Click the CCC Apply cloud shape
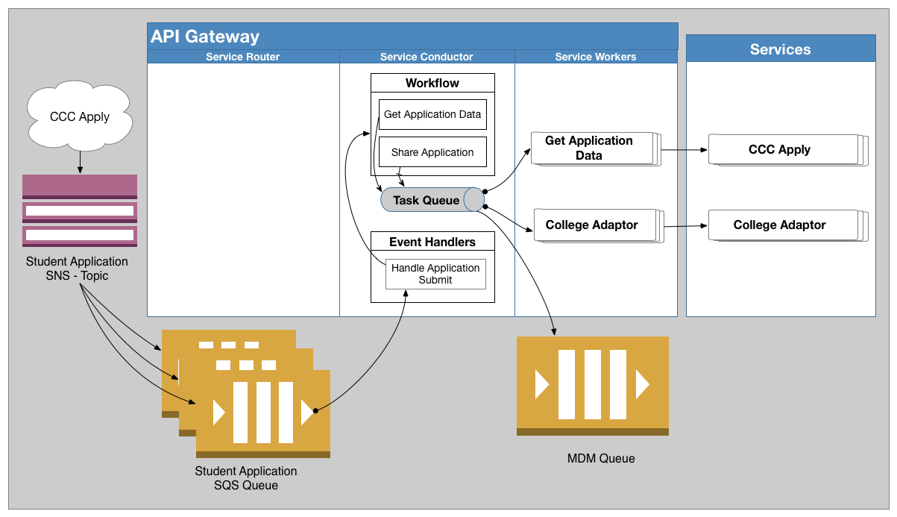(x=80, y=116)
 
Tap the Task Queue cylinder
(x=432, y=200)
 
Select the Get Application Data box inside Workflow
(x=432, y=115)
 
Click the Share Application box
(x=432, y=152)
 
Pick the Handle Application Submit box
(x=435, y=274)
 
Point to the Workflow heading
(x=432, y=83)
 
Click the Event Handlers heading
(x=432, y=242)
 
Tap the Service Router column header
(x=242, y=57)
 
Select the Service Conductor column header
(x=427, y=57)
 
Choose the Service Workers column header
(x=596, y=57)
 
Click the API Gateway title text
(x=205, y=37)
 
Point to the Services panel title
(x=780, y=49)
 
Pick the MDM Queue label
(x=601, y=459)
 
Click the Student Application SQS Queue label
(x=246, y=478)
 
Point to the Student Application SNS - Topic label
(x=77, y=269)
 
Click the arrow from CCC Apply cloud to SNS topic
(x=80, y=162)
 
